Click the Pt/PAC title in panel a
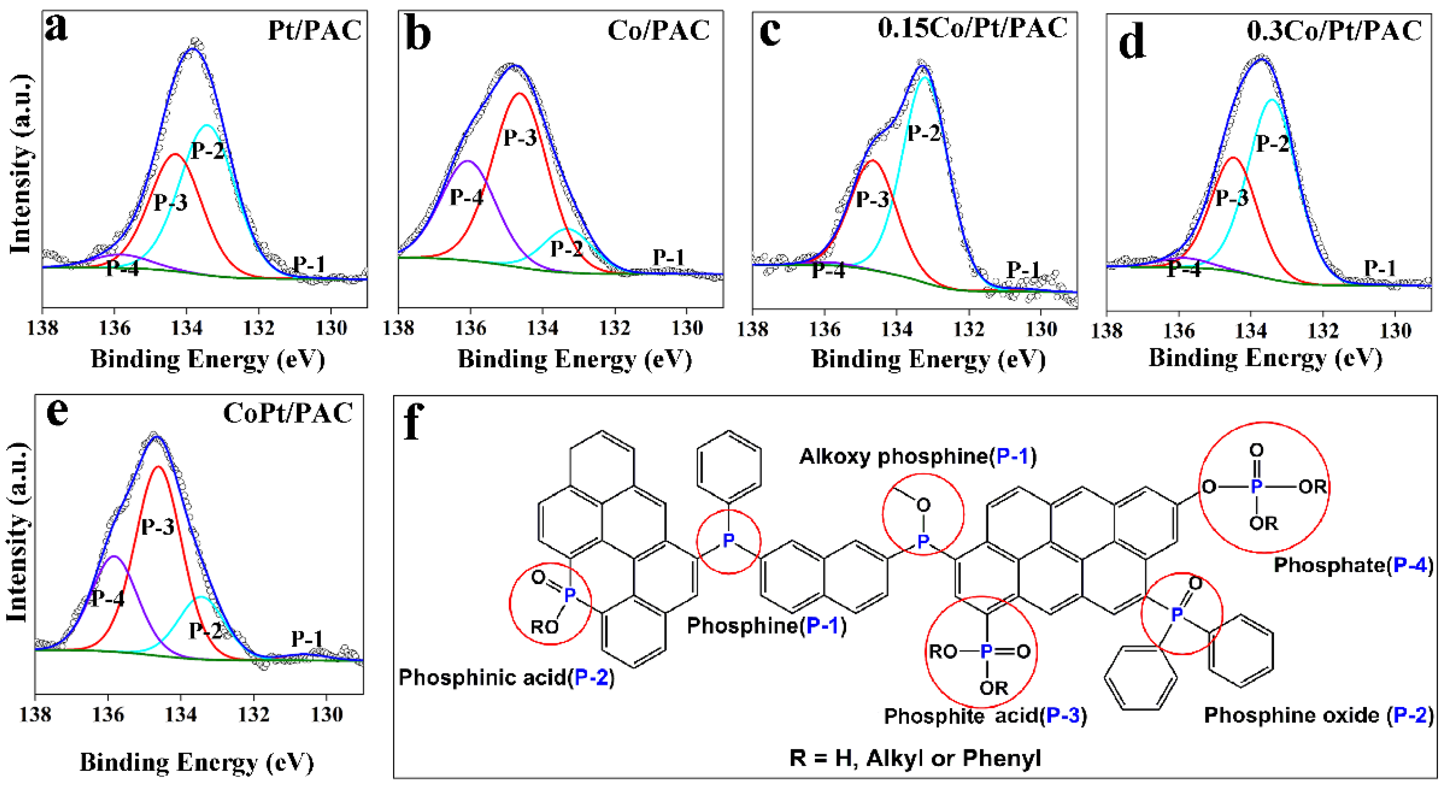tap(314, 30)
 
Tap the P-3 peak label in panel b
tap(519, 137)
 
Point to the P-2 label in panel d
tap(1272, 143)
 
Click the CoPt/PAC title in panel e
tap(288, 413)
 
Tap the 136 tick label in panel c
tap(824, 329)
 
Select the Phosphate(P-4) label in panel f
tap(1353, 565)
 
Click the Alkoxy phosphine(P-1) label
tap(917, 456)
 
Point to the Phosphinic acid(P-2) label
tap(506, 678)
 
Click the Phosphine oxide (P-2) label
tap(1318, 715)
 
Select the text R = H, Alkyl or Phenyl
tap(915, 758)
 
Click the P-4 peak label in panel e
tap(107, 598)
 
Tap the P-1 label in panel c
tap(1023, 269)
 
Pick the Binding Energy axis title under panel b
tap(574, 359)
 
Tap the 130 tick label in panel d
tap(1395, 331)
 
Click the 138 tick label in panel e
tap(35, 715)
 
